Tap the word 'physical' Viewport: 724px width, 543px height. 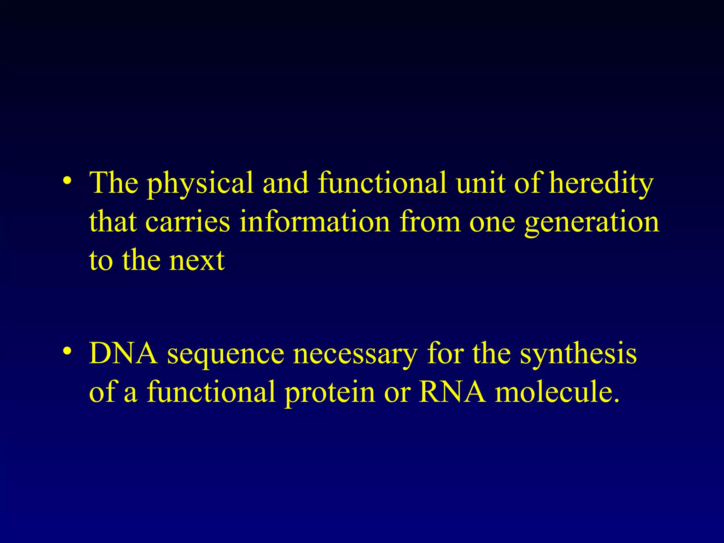(200, 184)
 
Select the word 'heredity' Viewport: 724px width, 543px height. (601, 184)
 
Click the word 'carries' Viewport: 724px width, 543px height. (188, 222)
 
